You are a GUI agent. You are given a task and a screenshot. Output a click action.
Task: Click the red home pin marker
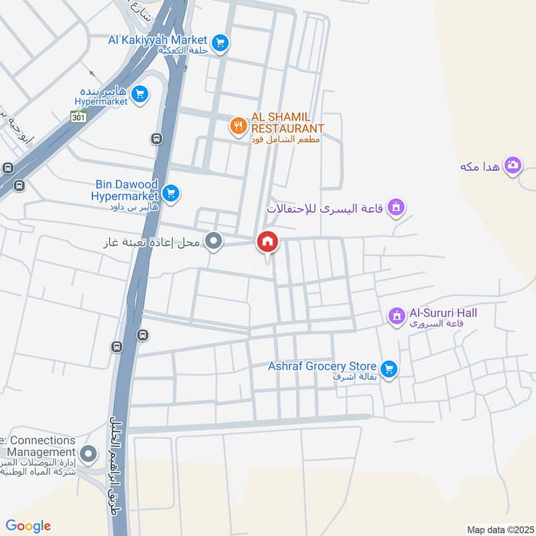pos(267,242)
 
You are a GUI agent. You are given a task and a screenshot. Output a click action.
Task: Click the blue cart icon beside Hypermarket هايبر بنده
pos(139,94)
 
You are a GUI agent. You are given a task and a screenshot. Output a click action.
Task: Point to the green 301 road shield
pos(79,117)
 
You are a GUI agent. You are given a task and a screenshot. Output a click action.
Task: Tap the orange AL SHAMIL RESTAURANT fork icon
pos(237,125)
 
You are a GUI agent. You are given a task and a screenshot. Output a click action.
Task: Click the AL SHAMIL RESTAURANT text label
pos(287,122)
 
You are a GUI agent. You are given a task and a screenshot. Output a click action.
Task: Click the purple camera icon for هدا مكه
pos(513,165)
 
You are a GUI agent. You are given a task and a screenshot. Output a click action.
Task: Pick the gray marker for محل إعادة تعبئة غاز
pos(214,241)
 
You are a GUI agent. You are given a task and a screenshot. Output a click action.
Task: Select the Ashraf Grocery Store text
pos(322,366)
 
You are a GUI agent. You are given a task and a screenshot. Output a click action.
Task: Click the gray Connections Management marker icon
pos(87,454)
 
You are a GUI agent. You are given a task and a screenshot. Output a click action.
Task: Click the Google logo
pos(28,526)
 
